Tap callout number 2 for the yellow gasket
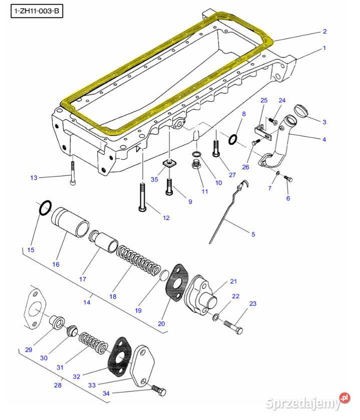(324, 32)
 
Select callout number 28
(58, 385)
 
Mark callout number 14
(87, 302)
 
